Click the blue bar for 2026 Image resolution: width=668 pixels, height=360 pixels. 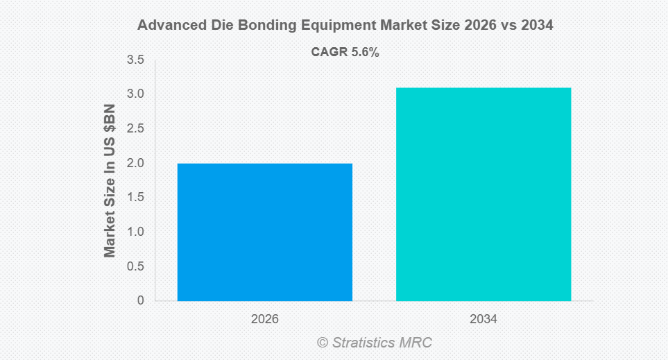tap(265, 232)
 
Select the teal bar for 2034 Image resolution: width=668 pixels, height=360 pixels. tap(483, 194)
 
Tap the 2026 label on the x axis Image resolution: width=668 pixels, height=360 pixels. tap(265, 320)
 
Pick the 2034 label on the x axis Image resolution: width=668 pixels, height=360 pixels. tap(483, 320)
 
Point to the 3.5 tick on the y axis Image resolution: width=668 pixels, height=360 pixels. tap(135, 61)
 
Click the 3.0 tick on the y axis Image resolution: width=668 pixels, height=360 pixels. tap(135, 94)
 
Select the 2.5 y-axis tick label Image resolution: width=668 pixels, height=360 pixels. tap(135, 129)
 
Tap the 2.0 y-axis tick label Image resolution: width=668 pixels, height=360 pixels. tap(135, 163)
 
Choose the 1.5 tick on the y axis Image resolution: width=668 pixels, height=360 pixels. tap(135, 198)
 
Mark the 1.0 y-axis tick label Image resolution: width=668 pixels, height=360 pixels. tap(135, 232)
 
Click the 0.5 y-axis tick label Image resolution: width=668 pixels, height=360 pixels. tap(135, 266)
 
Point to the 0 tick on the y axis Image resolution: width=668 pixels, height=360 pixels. tap(141, 300)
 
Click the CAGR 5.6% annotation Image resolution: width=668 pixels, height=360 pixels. tap(345, 52)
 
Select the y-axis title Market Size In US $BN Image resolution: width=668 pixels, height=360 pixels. tap(110, 180)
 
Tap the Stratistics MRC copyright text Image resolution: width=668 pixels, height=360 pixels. tap(375, 342)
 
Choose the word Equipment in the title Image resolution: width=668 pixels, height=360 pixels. tap(327, 25)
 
